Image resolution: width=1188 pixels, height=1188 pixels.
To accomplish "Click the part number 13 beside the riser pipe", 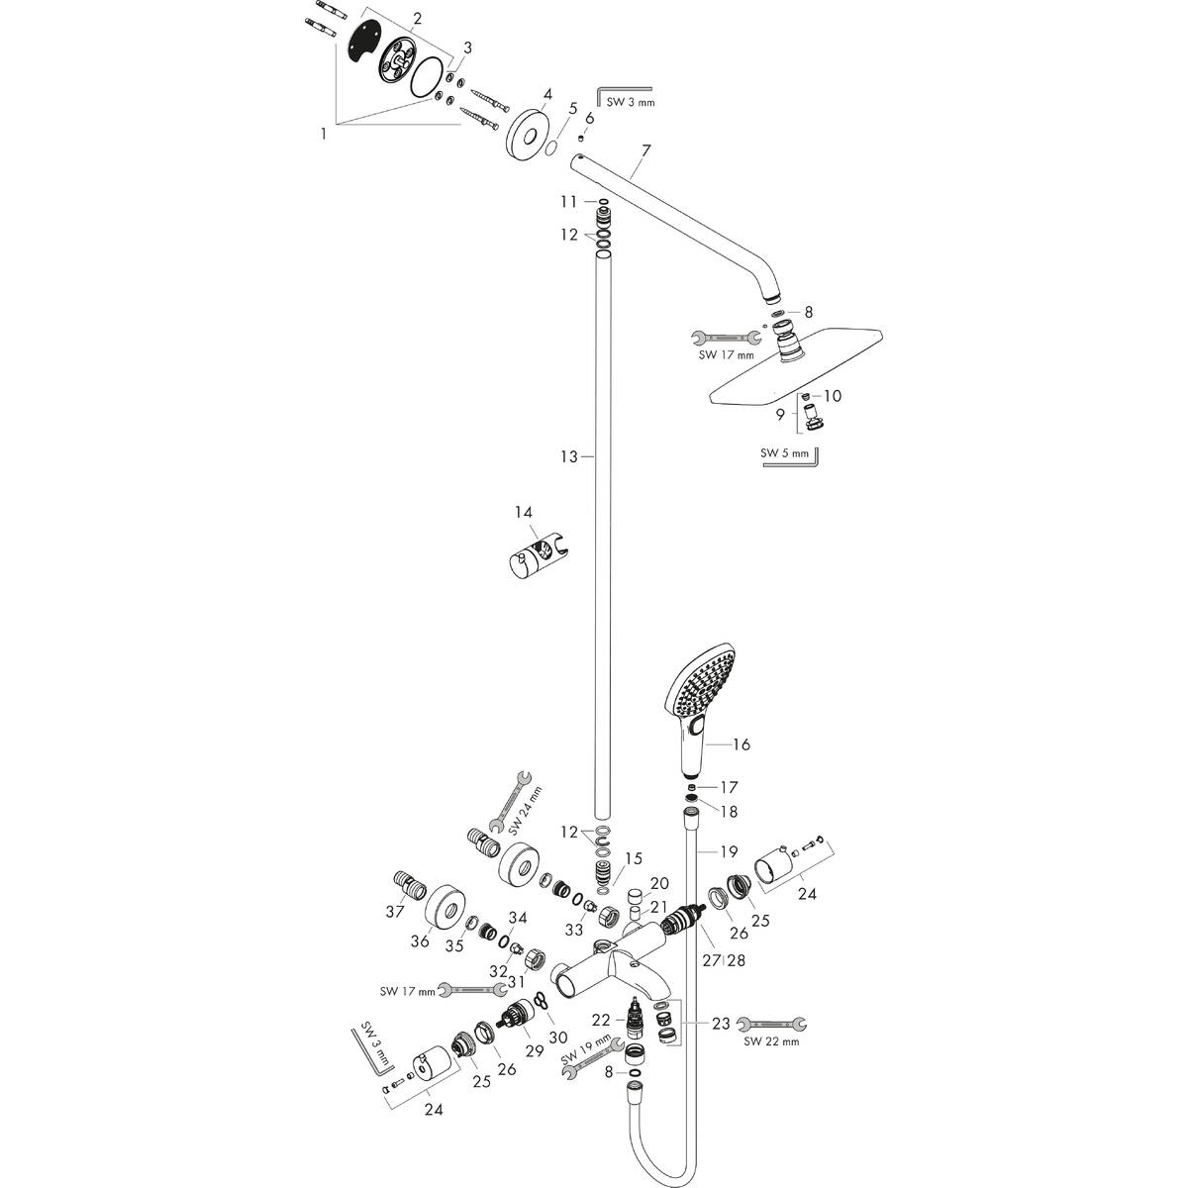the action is (x=569, y=456).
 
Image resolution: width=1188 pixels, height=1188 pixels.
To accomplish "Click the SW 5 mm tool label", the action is (x=784, y=453).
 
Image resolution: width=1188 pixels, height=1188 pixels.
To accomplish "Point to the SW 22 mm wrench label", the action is (x=771, y=1041).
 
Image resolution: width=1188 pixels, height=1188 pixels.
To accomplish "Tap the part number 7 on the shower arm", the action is (x=645, y=150).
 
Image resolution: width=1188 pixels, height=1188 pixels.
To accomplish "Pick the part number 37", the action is (x=395, y=912).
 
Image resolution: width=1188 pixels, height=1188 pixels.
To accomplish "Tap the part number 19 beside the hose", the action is (x=729, y=851).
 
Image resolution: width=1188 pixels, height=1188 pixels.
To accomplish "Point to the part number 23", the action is (x=721, y=1024).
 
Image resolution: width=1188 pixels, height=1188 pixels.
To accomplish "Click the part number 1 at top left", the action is (x=323, y=134).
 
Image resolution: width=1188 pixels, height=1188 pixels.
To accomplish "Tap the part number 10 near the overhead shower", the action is (x=833, y=395).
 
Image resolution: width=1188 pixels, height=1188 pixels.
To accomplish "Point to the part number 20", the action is (x=659, y=883).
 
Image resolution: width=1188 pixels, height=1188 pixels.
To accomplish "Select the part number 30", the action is (x=558, y=1038).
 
